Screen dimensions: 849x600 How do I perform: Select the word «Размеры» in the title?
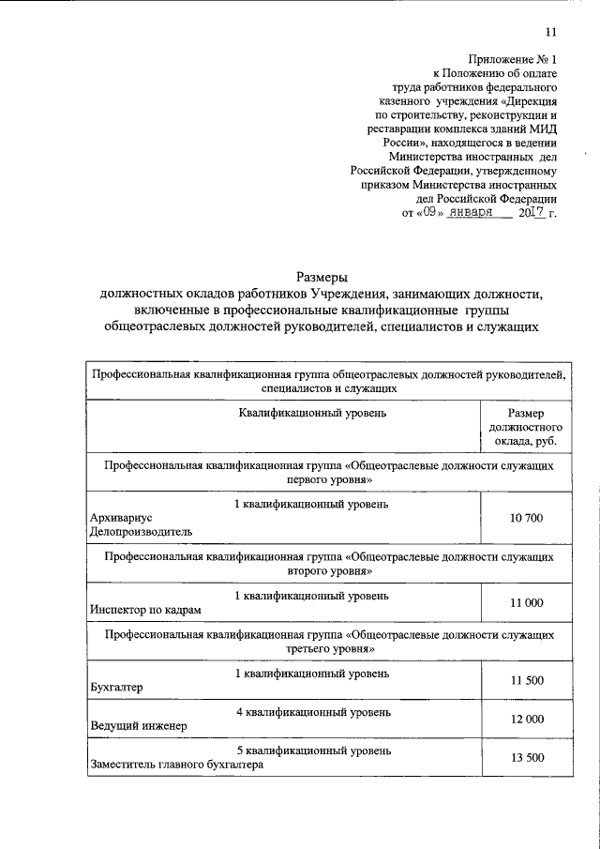(322, 277)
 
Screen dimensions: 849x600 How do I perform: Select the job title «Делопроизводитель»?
(141, 531)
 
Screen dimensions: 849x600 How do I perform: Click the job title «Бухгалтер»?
(116, 687)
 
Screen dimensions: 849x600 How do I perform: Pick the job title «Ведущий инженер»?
(138, 725)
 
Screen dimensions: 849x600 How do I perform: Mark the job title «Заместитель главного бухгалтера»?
(176, 764)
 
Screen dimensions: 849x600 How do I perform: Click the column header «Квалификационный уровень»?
(313, 412)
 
